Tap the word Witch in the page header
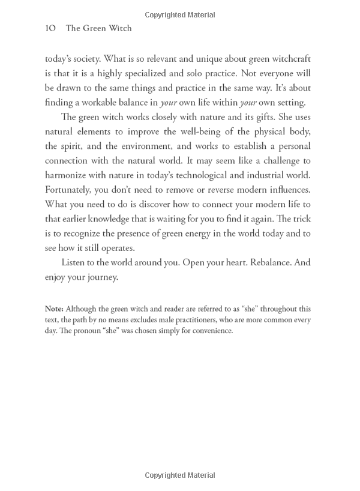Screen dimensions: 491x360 pos(120,28)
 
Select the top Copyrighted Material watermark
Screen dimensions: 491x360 pos(180,14)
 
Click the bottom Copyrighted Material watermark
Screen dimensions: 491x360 pos(180,476)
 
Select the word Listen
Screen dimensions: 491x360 pos(76,263)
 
